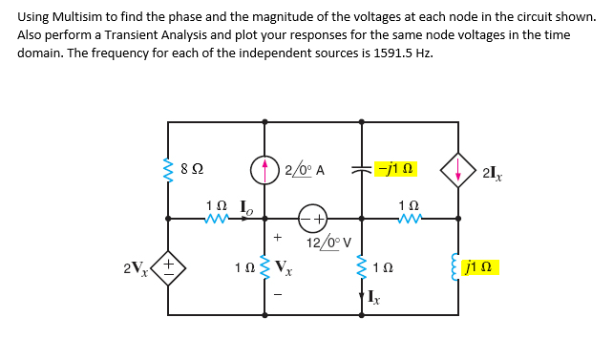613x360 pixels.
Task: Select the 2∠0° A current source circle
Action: point(264,171)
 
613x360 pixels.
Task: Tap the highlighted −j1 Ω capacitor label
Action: point(394,169)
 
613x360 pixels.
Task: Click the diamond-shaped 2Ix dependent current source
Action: point(457,171)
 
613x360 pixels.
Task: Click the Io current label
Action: point(243,203)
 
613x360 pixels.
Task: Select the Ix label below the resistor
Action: point(372,301)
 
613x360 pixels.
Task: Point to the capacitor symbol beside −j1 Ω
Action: point(361,170)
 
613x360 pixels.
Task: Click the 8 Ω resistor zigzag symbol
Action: point(169,170)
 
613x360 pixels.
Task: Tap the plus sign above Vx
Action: point(278,236)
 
